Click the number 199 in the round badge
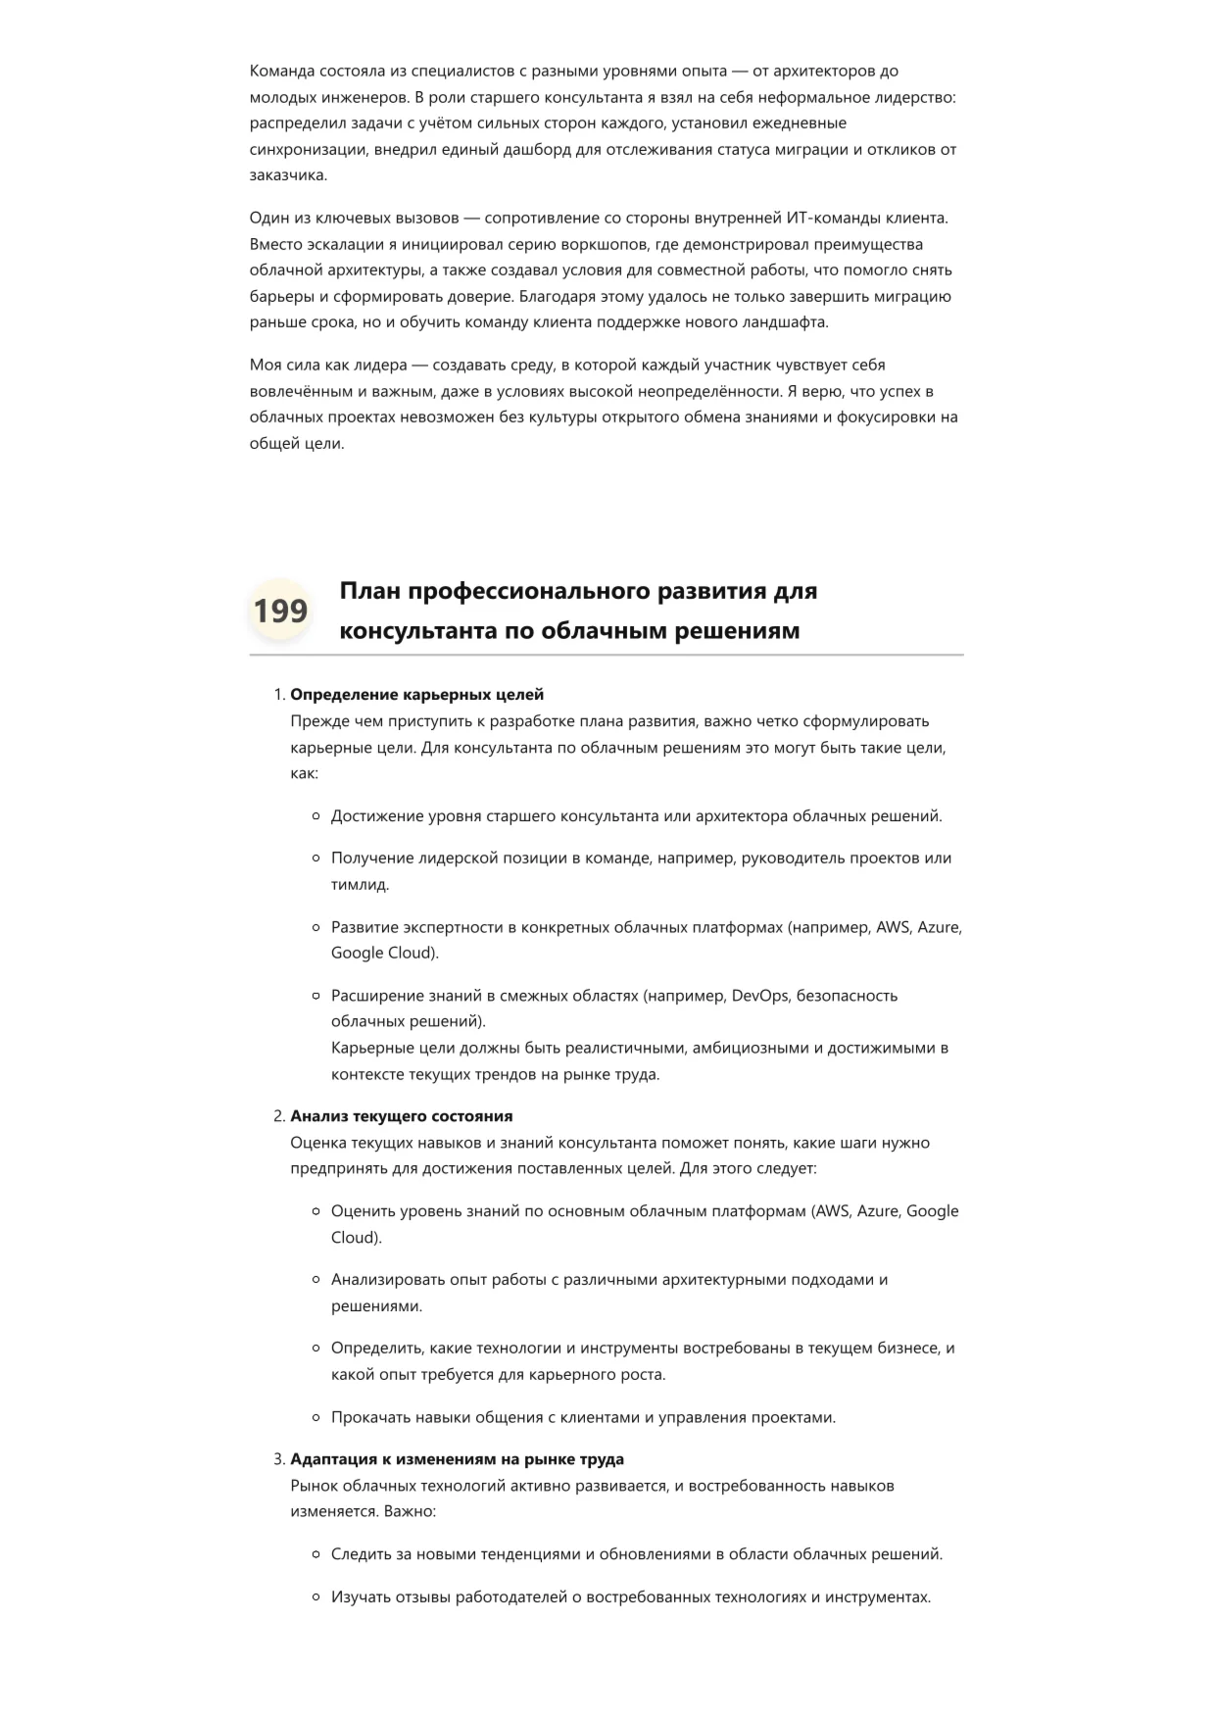[280, 611]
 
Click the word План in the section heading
[369, 591]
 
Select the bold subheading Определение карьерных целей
[416, 695]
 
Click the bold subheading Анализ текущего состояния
[401, 1116]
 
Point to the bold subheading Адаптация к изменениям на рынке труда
[457, 1459]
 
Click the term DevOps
[758, 996]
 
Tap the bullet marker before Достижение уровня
[316, 815]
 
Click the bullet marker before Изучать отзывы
[316, 1596]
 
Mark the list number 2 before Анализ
[278, 1116]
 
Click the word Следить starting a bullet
[361, 1553]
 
